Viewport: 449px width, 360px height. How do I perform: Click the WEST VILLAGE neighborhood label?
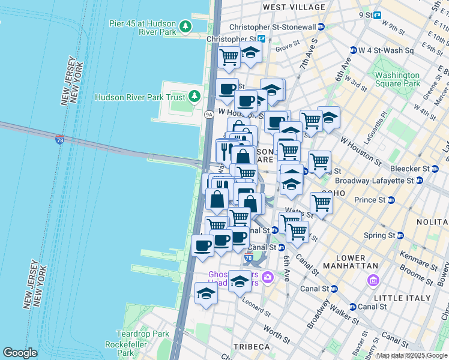point(294,7)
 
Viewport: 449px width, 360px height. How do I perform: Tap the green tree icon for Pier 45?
point(185,26)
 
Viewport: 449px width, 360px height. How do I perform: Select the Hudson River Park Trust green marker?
point(194,97)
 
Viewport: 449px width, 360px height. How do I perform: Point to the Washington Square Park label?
point(397,80)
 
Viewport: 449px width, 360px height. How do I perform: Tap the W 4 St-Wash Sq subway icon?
point(354,50)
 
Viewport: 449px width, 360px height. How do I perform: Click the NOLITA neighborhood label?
point(432,222)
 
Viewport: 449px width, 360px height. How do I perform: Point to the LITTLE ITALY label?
point(402,298)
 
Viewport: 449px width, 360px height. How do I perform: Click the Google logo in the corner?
point(20,353)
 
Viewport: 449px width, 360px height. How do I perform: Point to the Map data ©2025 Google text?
point(412,356)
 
